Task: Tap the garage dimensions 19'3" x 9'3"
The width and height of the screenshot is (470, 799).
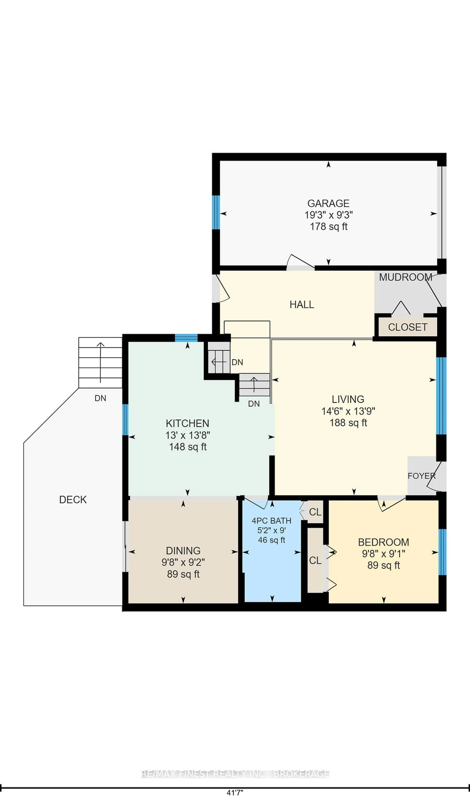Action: click(329, 215)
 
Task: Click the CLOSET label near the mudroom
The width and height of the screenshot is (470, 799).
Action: click(407, 327)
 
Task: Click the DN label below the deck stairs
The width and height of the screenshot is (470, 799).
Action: click(100, 398)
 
